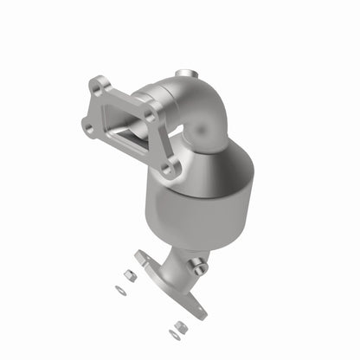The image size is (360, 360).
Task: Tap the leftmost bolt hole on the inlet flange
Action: tap(88, 128)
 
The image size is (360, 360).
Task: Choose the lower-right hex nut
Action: tap(179, 326)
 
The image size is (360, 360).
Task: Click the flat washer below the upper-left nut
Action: tap(121, 291)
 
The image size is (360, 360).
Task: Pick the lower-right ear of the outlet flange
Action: tap(202, 309)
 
